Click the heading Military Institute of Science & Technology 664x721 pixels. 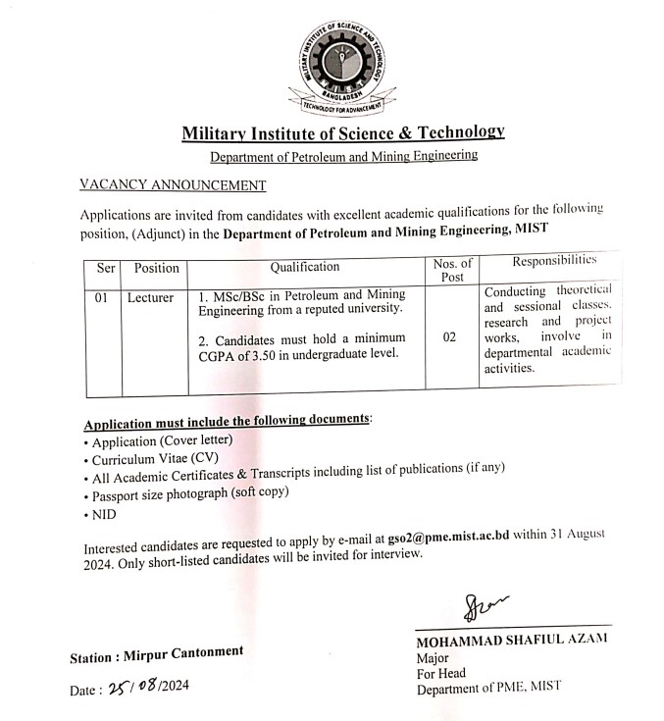342,132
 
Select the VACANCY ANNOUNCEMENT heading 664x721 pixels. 172,184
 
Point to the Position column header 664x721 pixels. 156,268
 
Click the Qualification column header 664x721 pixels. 305,267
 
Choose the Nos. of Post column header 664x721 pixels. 452,270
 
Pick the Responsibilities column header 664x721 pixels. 554,261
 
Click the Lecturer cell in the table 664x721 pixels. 150,297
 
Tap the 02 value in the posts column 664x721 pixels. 451,336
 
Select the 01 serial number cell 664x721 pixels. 102,297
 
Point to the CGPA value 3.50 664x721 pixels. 279,353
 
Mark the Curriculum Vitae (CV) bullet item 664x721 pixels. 157,458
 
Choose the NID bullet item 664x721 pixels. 104,511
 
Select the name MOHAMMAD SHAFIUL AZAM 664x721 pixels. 511,640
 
